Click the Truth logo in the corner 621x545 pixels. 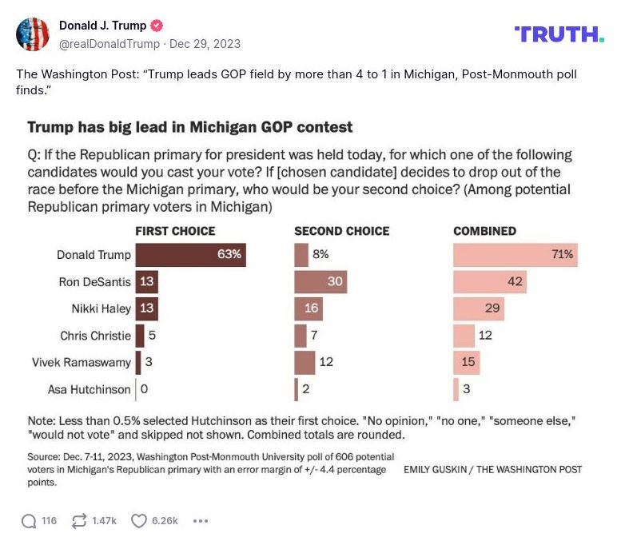(x=559, y=34)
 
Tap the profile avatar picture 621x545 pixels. (x=32, y=34)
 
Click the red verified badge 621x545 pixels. (x=156, y=26)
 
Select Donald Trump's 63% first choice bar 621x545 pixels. (x=190, y=255)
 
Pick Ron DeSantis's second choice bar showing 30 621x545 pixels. (x=320, y=282)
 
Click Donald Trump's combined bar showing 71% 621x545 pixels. (x=516, y=255)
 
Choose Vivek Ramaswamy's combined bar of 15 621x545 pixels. (x=467, y=362)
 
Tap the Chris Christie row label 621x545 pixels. (x=95, y=336)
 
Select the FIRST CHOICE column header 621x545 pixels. (x=175, y=231)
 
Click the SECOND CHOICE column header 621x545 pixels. (x=341, y=231)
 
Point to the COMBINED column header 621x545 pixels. (x=484, y=231)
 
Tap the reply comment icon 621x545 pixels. (x=29, y=521)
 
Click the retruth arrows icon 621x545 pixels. (x=79, y=521)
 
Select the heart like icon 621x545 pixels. (x=139, y=521)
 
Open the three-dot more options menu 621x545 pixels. (x=201, y=521)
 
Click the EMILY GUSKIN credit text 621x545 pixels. (x=492, y=469)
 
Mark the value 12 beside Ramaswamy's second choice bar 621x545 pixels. (x=326, y=362)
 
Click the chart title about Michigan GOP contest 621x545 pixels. (x=190, y=127)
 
